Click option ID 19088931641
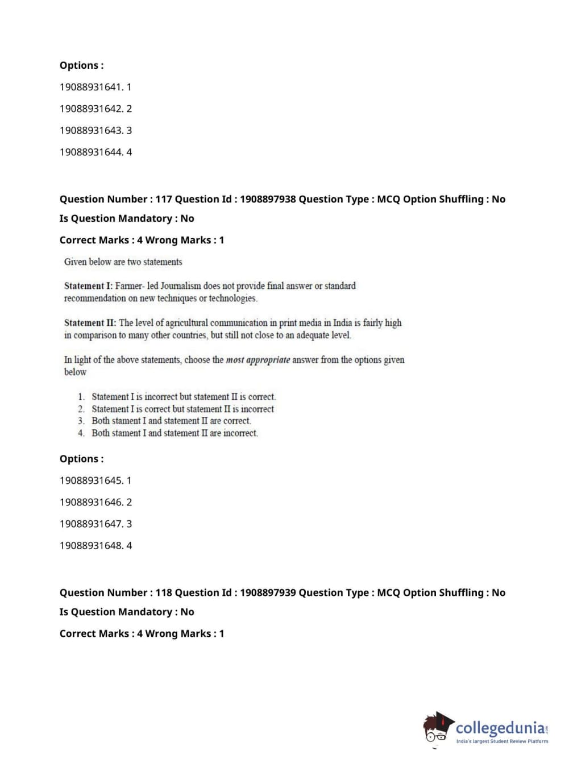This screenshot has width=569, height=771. point(91,87)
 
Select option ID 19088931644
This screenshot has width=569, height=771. point(91,152)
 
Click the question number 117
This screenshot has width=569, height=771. point(163,199)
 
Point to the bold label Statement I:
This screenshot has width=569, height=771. point(88,286)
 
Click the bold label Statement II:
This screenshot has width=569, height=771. point(90,323)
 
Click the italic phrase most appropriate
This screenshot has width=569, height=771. point(258,360)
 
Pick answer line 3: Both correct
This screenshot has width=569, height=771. point(171,421)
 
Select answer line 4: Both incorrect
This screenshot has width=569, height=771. point(174,433)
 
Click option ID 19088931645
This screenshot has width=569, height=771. point(91,480)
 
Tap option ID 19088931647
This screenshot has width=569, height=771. point(91,524)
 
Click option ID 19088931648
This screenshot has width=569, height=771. point(91,545)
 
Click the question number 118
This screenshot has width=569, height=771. point(163,592)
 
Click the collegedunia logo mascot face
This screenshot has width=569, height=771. point(437,728)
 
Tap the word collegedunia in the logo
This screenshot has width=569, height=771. point(500,728)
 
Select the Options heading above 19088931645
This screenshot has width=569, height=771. point(81,459)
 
